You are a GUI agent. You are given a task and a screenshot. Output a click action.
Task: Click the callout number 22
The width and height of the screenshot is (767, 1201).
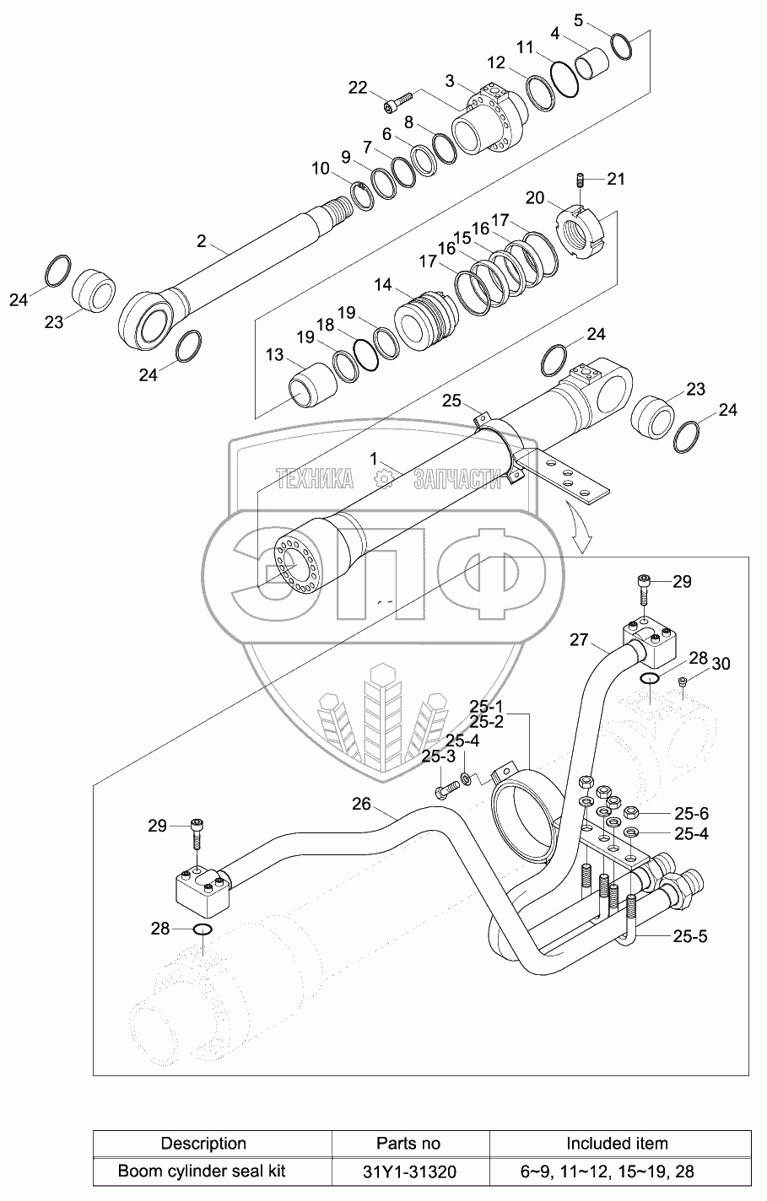tap(358, 88)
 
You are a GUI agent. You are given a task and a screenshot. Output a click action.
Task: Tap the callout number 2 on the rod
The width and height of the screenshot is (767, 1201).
tap(201, 241)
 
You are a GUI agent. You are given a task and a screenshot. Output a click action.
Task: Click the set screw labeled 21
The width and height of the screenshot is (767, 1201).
tap(582, 179)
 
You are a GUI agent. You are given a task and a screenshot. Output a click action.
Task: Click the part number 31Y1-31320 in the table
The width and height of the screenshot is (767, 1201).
tap(408, 1171)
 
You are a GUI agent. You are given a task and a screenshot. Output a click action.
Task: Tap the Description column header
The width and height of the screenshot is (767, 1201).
tap(203, 1144)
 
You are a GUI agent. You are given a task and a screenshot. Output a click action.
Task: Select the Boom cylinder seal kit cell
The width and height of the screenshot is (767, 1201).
tap(202, 1171)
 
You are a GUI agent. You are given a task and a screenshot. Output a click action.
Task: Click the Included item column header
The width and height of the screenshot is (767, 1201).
tap(617, 1144)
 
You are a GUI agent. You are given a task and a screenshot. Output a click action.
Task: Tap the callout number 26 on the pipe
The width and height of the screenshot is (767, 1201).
tap(361, 804)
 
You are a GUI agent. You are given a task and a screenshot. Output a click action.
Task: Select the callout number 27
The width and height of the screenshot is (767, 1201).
tap(579, 640)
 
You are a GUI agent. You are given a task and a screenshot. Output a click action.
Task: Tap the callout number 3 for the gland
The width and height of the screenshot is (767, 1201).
tap(450, 80)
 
